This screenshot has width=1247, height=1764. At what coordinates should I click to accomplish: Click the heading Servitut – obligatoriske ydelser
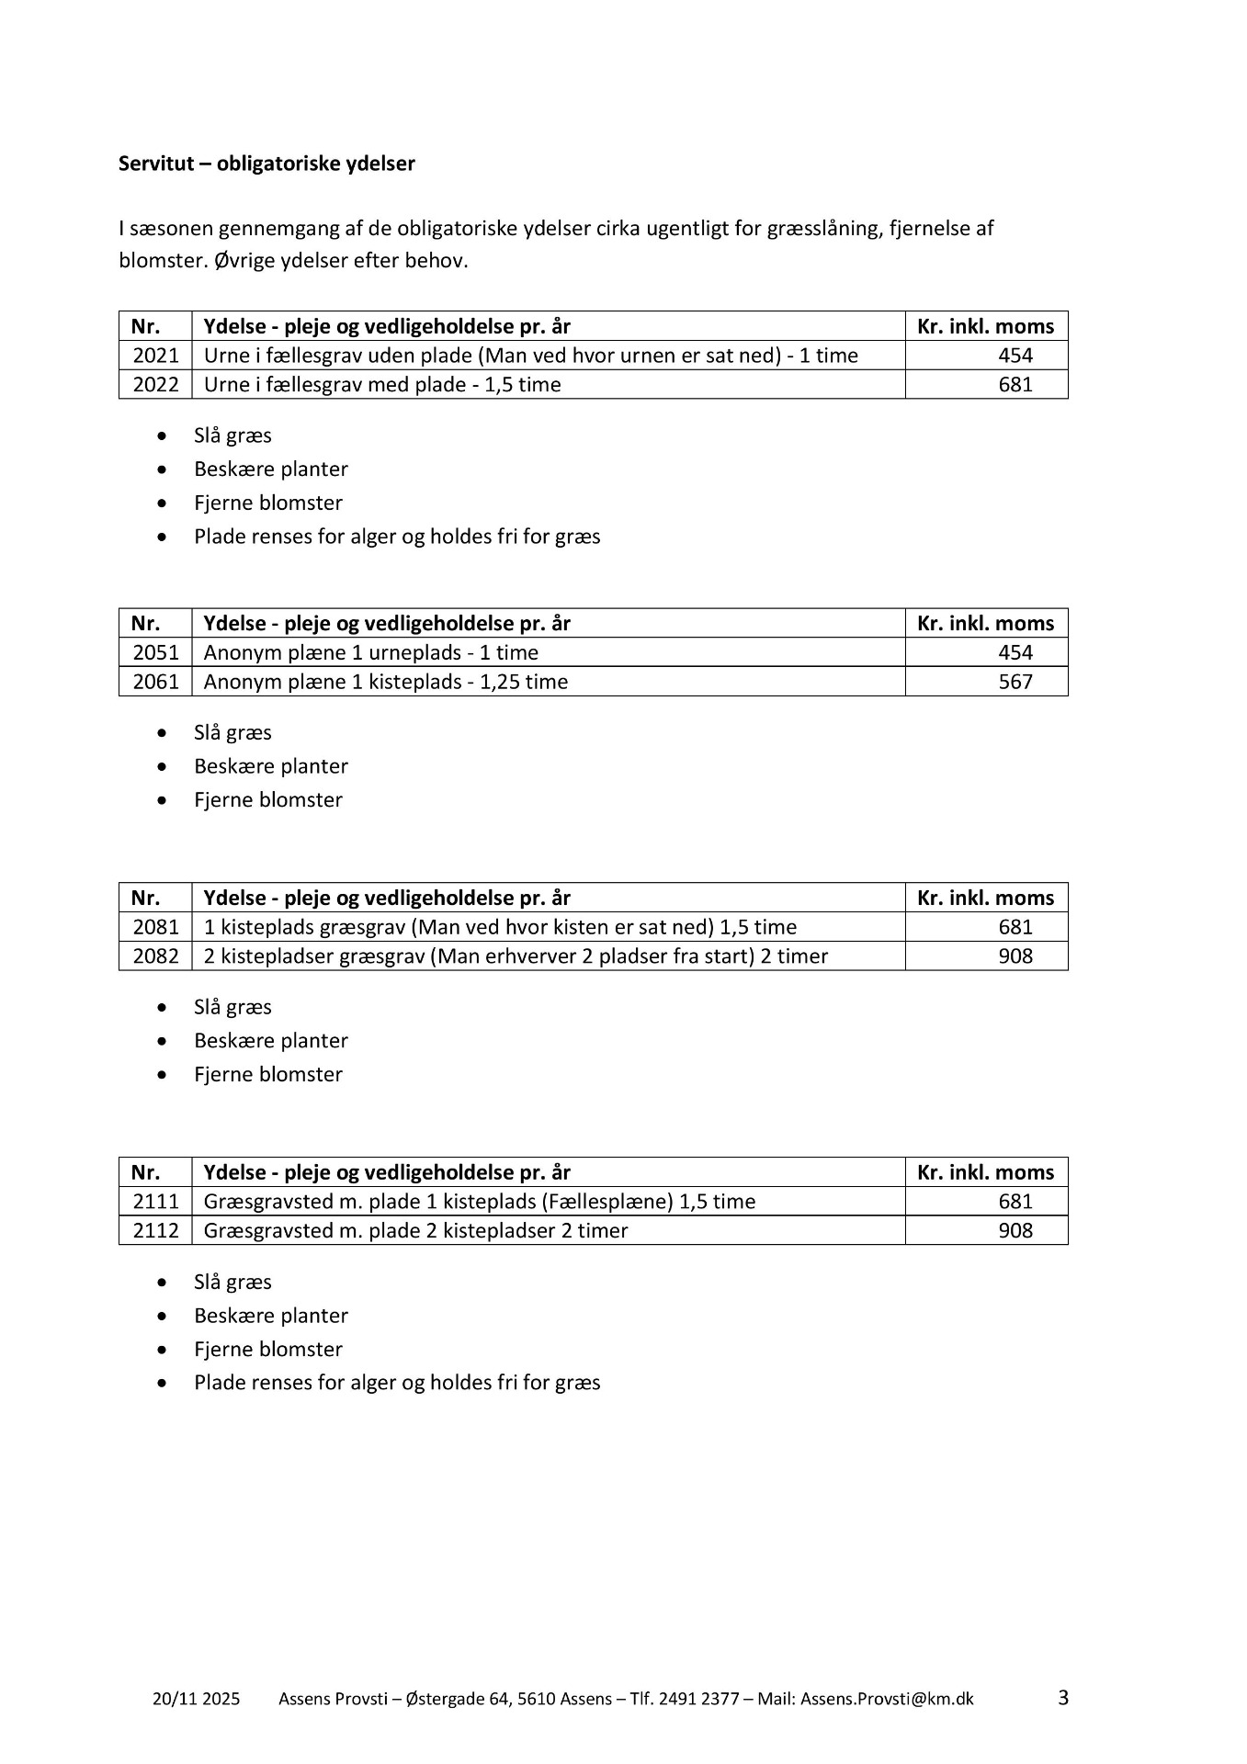pos(266,164)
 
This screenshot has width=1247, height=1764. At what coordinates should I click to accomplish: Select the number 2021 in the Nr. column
pos(155,356)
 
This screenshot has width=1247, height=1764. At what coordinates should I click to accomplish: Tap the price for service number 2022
pos(1015,384)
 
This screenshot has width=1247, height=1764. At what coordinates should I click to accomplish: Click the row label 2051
pos(155,652)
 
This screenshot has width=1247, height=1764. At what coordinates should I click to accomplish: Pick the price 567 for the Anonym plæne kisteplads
pos(1015,682)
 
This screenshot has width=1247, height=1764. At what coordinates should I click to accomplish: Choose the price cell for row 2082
pos(1015,956)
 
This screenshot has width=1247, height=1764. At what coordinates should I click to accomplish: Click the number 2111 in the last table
pos(155,1202)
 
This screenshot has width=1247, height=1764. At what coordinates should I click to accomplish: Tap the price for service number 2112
pos(1015,1230)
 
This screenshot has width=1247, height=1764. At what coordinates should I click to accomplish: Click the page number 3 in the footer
pos(1063,1697)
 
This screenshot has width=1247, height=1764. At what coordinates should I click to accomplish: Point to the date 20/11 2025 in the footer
pos(196,1699)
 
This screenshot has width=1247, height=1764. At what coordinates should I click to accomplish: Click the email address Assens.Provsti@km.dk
pos(887,1699)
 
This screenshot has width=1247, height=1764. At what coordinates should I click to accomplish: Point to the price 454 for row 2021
pos(1015,356)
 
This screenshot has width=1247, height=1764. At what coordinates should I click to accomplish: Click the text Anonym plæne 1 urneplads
pos(370,652)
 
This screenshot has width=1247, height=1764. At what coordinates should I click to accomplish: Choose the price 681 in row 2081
pos(1015,927)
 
